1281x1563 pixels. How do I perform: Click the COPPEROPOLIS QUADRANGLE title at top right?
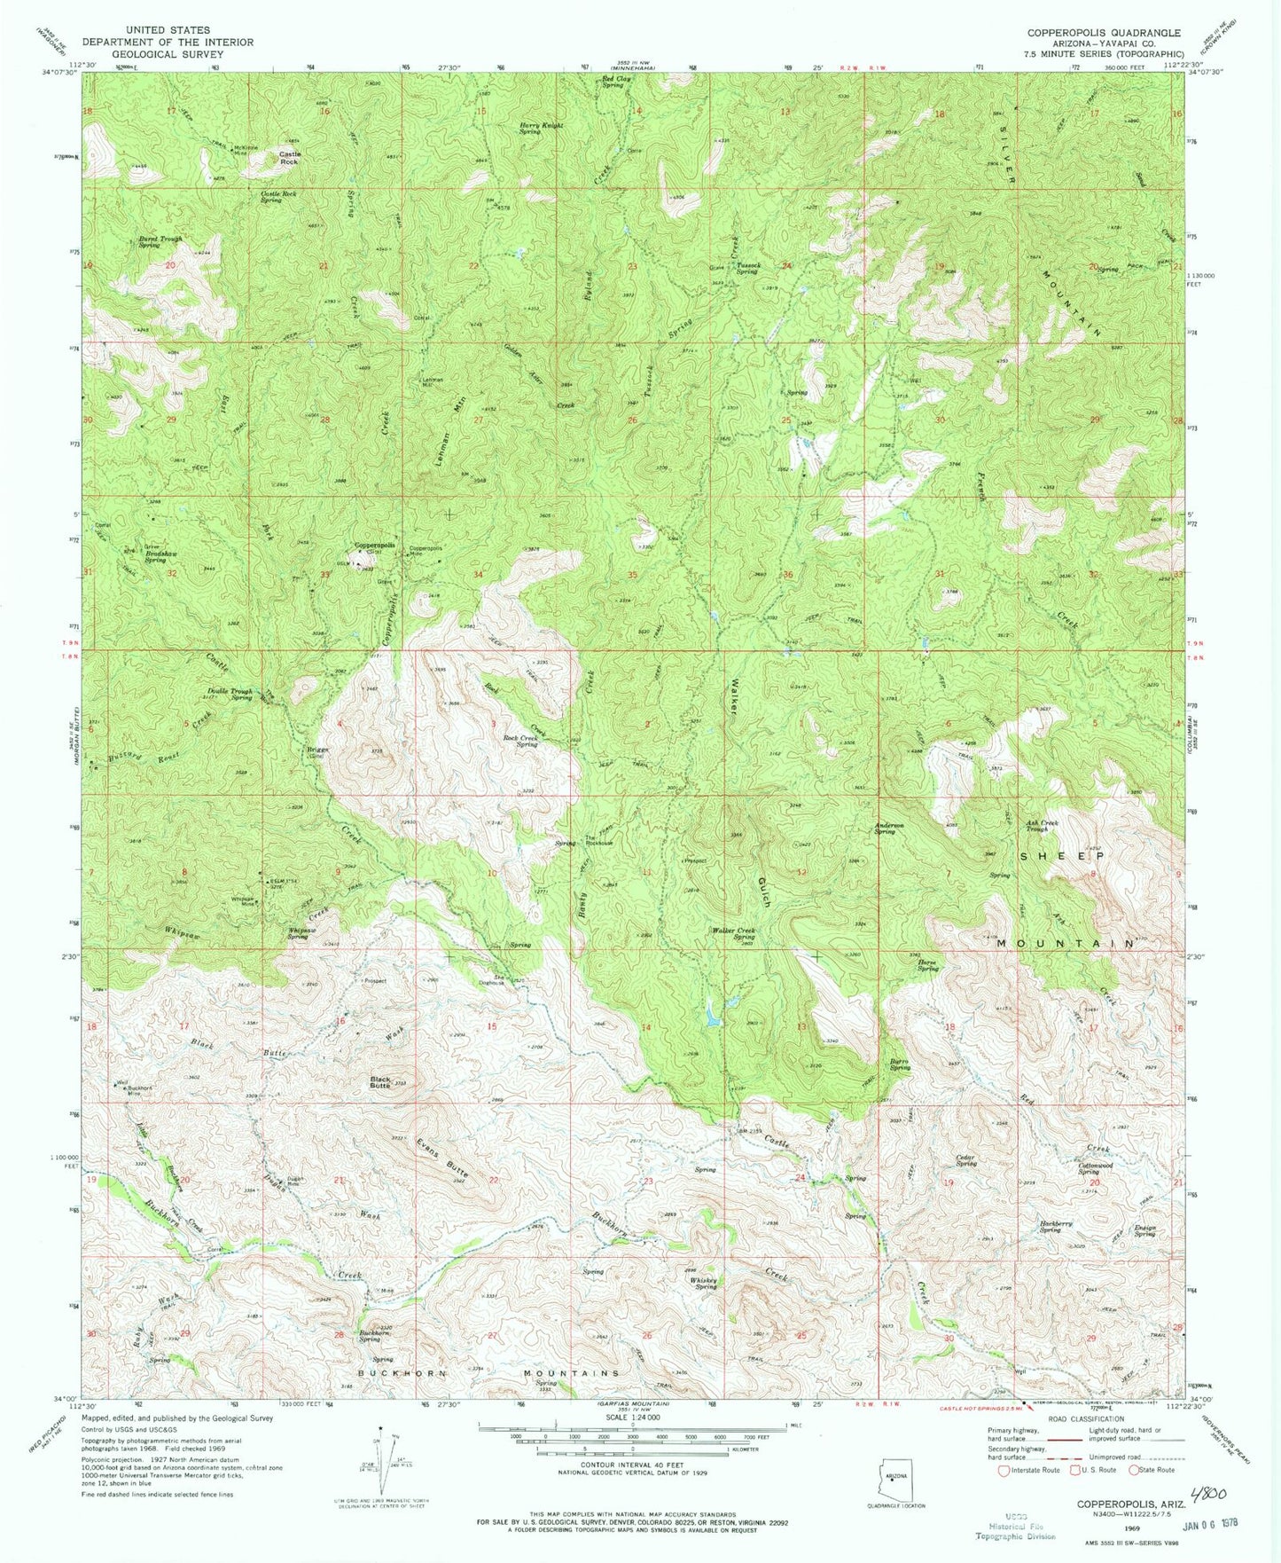(x=1104, y=33)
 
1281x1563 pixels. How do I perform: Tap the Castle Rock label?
(x=290, y=158)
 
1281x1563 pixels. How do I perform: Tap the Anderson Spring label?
(x=888, y=829)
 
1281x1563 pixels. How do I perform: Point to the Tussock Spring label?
(x=746, y=269)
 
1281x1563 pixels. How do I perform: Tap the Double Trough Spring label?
(x=230, y=694)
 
